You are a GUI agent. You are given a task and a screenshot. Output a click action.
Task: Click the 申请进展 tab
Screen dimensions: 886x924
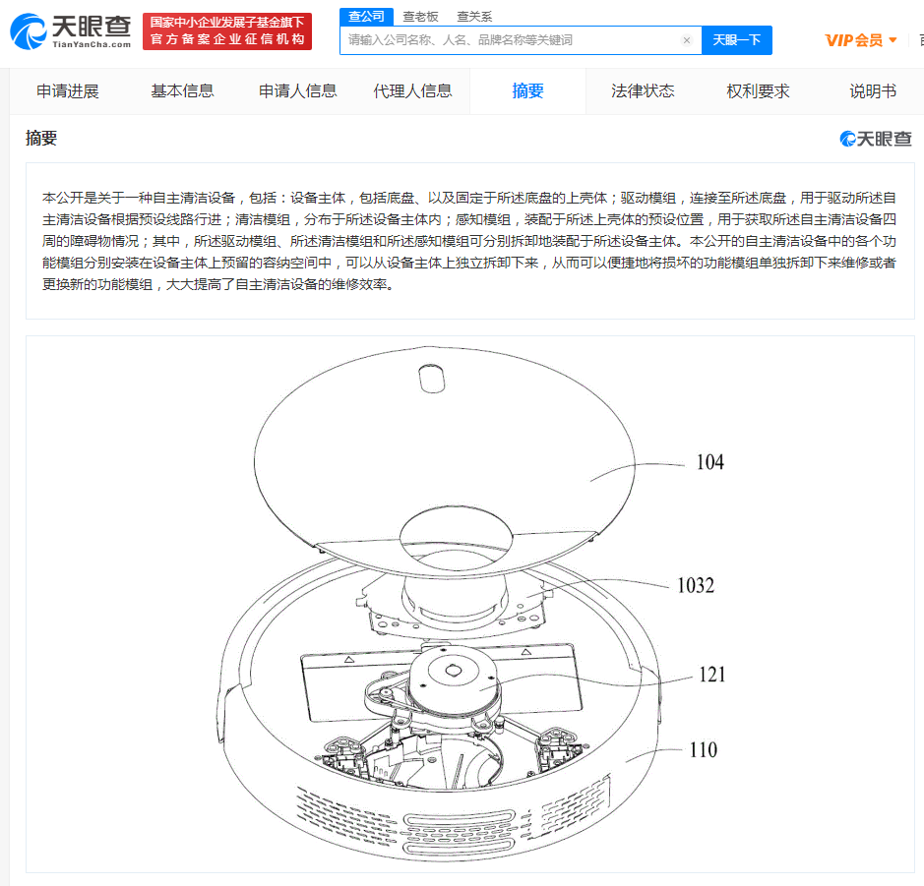pos(68,91)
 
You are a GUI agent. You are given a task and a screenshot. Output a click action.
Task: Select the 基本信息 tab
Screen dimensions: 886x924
pos(182,91)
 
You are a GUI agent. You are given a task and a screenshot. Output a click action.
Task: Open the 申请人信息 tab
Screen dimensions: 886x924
pos(297,91)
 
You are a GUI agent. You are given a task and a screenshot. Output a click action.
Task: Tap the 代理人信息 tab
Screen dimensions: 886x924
pos(412,91)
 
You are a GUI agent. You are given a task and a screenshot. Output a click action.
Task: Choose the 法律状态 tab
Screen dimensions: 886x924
pos(643,91)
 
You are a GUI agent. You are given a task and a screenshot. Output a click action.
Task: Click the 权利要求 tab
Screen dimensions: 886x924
pos(758,91)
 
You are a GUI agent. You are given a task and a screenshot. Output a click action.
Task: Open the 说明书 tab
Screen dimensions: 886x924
pos(873,91)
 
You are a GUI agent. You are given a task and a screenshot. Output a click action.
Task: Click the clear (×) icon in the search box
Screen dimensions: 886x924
pos(687,40)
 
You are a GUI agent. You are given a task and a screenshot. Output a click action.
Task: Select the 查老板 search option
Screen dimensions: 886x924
pos(420,17)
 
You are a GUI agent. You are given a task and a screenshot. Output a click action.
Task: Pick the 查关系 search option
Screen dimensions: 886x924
pos(474,17)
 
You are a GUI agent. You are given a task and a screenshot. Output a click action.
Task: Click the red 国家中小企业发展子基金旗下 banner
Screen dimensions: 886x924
pos(227,31)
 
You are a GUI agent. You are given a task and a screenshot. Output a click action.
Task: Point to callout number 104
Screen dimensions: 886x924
pos(709,462)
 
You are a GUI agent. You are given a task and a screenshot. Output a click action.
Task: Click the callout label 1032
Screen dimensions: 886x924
pos(696,585)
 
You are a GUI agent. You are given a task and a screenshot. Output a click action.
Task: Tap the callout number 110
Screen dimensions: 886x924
pos(703,750)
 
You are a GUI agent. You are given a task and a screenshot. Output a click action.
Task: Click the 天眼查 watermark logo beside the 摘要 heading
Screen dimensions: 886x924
pos(876,139)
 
